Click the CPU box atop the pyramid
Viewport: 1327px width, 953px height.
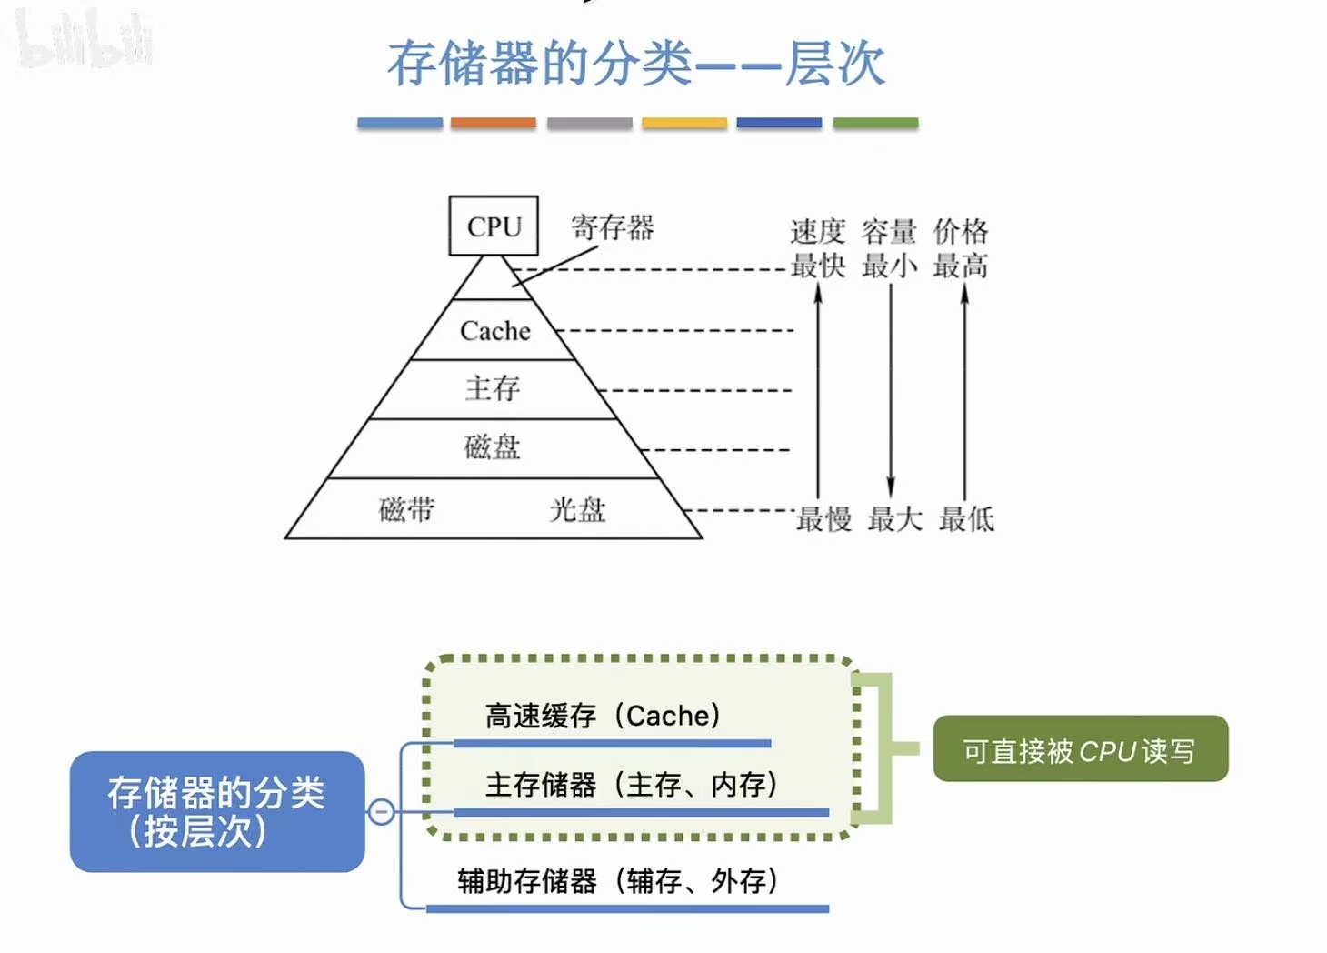coord(494,226)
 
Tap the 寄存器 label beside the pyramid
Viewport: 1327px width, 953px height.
coord(612,227)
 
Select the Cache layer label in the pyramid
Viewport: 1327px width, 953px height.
coord(494,331)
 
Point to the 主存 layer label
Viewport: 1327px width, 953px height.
coord(493,389)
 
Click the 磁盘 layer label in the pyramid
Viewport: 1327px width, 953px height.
coord(492,447)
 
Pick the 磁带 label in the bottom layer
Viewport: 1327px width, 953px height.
coord(406,509)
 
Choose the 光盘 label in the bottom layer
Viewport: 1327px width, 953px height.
coord(577,509)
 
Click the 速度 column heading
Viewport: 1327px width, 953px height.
coord(817,232)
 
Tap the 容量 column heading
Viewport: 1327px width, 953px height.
coord(889,232)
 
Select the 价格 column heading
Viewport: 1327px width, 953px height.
coord(961,232)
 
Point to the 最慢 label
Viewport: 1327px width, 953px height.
coord(824,519)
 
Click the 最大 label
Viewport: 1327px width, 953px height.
coord(895,519)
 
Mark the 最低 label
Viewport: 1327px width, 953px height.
coord(966,519)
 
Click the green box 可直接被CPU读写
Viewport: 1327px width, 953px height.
coord(1080,749)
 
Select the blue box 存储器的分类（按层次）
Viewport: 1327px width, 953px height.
coord(217,811)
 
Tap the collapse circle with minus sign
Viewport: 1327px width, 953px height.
coord(382,811)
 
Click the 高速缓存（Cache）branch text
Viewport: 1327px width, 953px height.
coord(603,716)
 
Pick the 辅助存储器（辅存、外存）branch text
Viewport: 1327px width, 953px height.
coord(617,880)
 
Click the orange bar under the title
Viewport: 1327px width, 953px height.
coord(494,123)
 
